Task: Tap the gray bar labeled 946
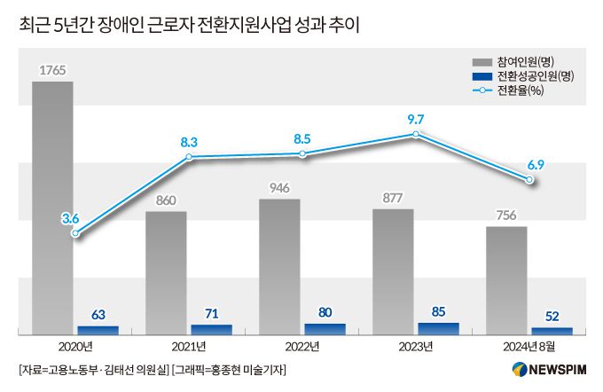[x=279, y=266]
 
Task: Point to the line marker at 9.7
[x=416, y=135]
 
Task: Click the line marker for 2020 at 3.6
[x=75, y=234]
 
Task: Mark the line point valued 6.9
[x=529, y=180]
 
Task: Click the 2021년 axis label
[x=189, y=346]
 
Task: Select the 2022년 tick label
[x=302, y=346]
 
